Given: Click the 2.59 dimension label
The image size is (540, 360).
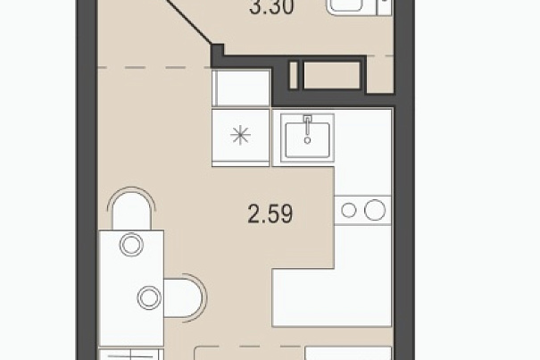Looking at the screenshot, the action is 270,213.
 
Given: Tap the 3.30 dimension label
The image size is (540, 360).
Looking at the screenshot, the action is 271,7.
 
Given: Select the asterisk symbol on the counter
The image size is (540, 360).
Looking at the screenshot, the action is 240,135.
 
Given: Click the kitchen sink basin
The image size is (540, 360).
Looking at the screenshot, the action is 308,139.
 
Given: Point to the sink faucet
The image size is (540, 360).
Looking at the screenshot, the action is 308,130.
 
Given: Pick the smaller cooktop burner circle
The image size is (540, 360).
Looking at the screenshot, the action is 349,210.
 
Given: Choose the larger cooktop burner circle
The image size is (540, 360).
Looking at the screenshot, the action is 375,210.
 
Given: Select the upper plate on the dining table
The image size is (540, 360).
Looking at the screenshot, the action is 131,245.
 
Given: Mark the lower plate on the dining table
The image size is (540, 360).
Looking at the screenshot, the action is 149,298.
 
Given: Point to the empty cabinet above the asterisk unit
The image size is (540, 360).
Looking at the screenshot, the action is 241,88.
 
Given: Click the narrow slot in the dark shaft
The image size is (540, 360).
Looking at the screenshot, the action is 294,75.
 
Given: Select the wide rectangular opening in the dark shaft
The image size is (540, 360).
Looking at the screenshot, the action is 332,75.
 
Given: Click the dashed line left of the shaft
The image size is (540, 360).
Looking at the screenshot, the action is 154,68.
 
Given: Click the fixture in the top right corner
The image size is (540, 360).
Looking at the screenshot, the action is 359,7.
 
